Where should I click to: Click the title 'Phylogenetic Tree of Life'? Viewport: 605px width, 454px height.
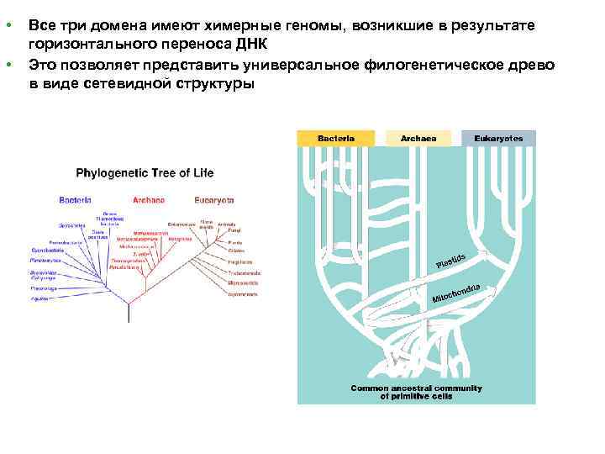tap(145, 173)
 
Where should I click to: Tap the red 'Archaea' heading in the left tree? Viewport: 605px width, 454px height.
tap(149, 200)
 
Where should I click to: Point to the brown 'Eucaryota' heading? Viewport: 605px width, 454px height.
tap(214, 200)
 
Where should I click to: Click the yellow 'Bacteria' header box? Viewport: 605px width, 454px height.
tap(335, 138)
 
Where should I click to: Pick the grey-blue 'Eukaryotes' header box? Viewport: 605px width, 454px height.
tap(498, 138)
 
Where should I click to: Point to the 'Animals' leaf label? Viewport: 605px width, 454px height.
tap(228, 224)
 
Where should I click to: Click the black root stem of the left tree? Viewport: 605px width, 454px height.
tap(129, 313)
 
